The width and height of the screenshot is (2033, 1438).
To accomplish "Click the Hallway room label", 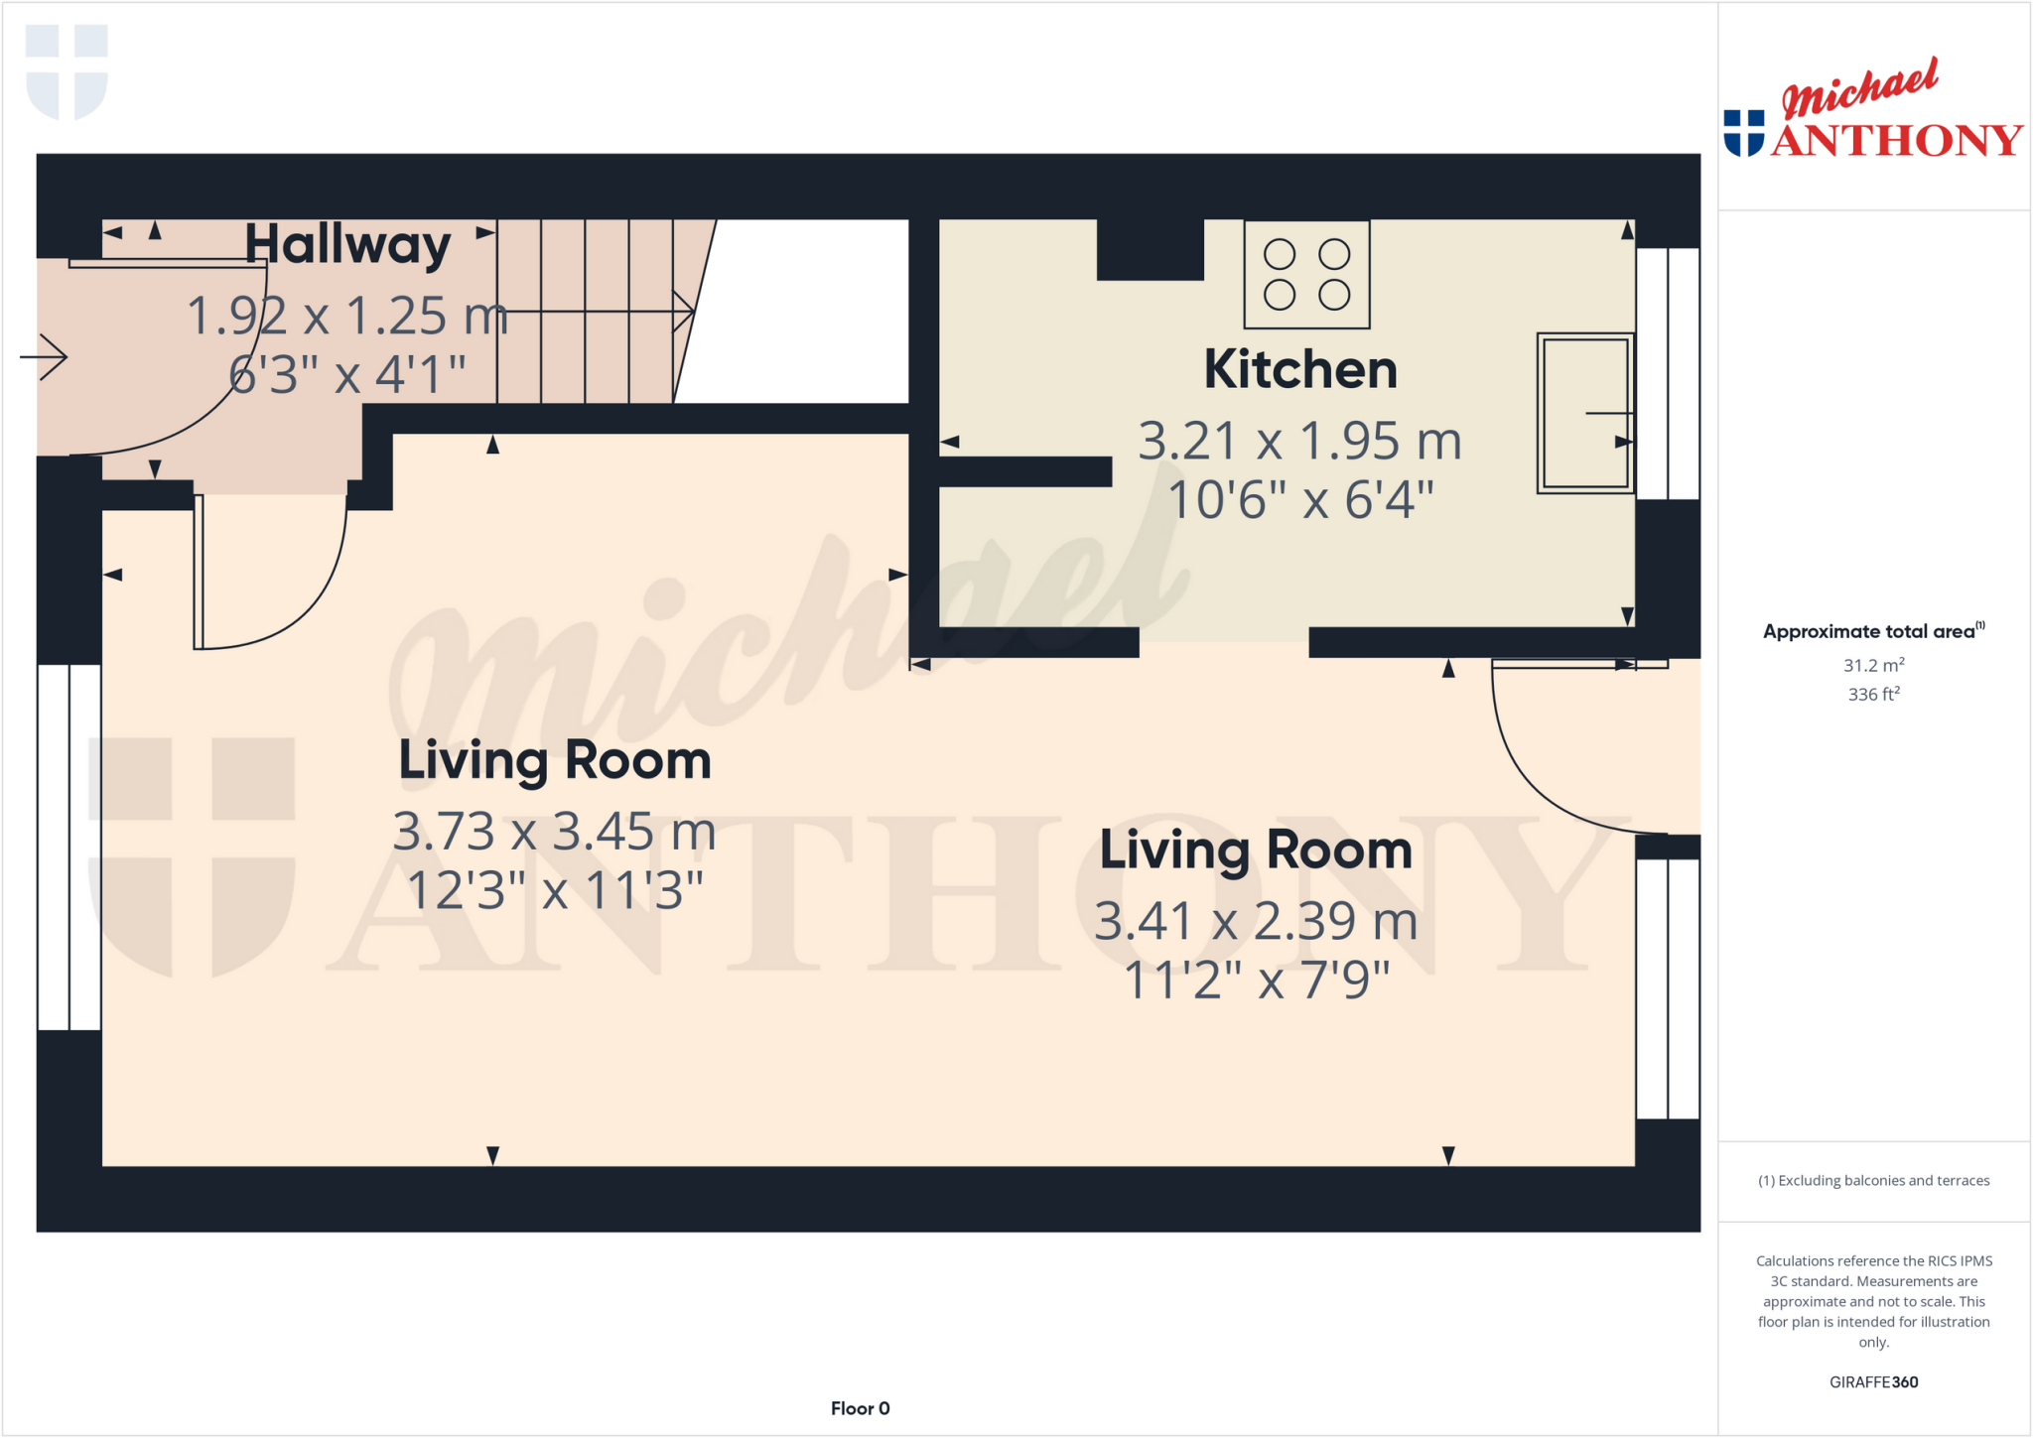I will click(347, 245).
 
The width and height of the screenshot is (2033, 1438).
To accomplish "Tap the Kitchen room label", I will click(1300, 370).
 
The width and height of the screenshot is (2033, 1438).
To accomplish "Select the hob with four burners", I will click(1306, 275).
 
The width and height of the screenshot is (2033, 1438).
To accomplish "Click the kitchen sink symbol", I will click(1585, 413).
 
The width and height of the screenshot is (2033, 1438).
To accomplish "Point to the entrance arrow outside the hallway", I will click(45, 356).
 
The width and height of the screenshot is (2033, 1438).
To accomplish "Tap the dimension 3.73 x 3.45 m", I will click(554, 832).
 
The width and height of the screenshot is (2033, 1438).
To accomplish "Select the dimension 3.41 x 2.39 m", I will click(1256, 922).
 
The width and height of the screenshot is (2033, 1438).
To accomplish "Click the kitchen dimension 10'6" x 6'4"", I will click(1300, 500).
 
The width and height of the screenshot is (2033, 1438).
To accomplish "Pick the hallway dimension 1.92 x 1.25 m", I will click(347, 317).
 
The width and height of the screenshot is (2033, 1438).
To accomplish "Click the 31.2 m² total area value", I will click(1873, 666).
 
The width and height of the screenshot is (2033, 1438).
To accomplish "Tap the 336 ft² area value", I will click(1873, 695).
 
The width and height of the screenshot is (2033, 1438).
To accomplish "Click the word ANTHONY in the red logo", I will click(1896, 141).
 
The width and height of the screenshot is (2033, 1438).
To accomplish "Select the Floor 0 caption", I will click(860, 1408).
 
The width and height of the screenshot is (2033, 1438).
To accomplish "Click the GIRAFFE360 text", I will click(1873, 1381).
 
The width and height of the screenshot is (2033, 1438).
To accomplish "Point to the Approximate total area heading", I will click(1872, 631).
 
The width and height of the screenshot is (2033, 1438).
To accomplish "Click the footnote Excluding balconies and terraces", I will click(1873, 1180).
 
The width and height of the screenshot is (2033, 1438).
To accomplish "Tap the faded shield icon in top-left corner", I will click(67, 71).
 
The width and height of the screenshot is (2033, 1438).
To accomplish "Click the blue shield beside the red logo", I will click(1743, 133).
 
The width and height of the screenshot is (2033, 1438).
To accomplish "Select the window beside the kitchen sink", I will click(1668, 373).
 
